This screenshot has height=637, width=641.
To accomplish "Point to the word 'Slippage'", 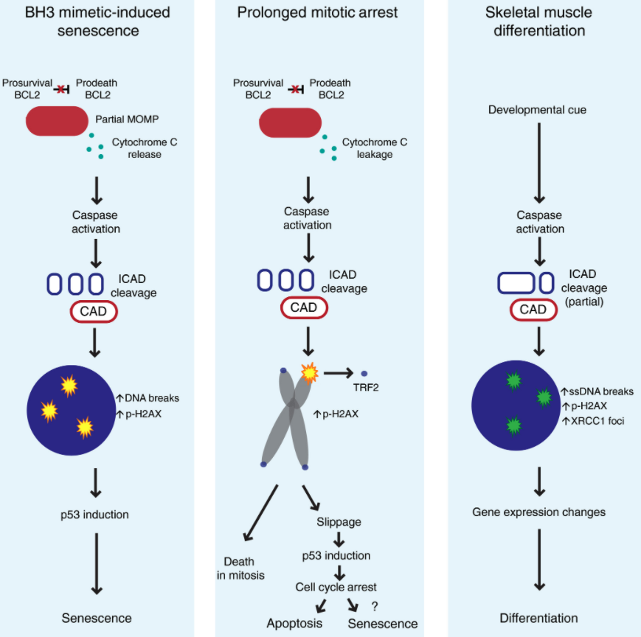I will (339, 521).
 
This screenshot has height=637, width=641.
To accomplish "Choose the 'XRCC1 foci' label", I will (595, 421).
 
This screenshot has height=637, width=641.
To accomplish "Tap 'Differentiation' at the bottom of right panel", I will (538, 618).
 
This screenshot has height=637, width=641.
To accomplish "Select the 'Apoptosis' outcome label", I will (295, 624).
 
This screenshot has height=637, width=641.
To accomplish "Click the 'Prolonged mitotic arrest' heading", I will (319, 12).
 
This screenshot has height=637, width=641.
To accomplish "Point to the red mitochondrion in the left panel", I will (56, 121).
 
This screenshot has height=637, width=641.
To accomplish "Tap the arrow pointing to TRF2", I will (340, 374).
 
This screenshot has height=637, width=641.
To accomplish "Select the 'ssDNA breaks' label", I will (598, 391).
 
